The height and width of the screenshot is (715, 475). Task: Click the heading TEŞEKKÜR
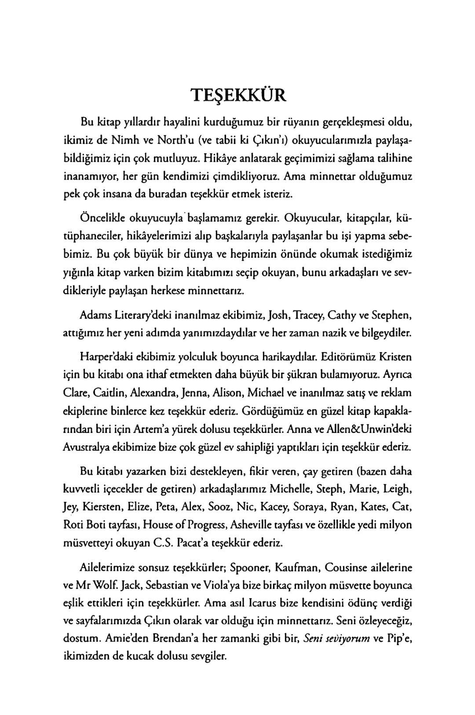(x=238, y=95)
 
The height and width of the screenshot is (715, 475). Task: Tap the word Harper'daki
(x=106, y=355)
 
